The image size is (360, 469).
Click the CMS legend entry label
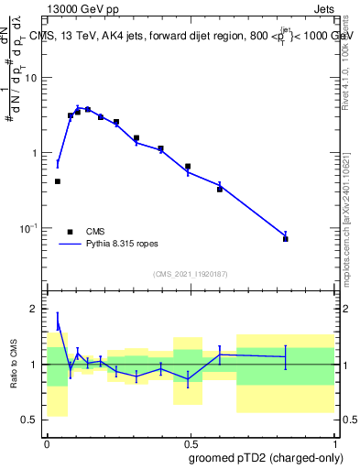(95, 232)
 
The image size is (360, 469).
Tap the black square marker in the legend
(70, 232)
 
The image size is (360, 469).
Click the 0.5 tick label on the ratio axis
(34, 420)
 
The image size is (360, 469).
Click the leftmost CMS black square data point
(58, 181)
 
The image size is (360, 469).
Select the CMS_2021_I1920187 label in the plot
(190, 274)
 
